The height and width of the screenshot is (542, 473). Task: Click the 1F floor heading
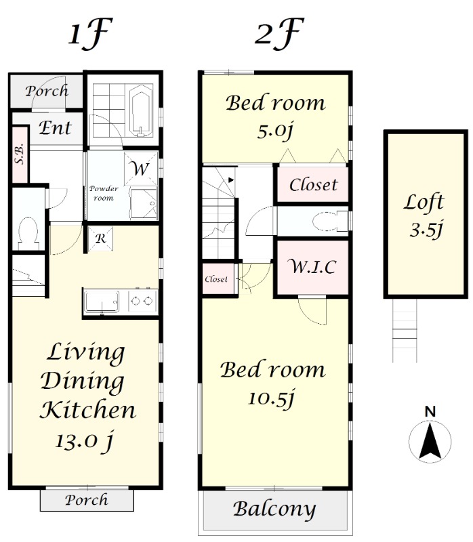pos(91,33)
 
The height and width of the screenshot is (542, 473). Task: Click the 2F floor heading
pos(279,33)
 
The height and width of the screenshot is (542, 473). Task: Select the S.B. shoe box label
pos(20,154)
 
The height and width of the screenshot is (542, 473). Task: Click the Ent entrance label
pos(56,128)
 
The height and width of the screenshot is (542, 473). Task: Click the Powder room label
pos(104,193)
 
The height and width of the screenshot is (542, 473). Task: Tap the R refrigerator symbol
pos(100,238)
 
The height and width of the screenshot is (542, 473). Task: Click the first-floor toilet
pos(28,233)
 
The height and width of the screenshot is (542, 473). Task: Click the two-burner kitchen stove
pos(142,301)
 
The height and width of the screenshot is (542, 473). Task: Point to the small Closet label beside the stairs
pos(216,279)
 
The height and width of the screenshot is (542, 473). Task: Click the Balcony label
pos(274,509)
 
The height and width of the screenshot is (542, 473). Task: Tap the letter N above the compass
pos(430,412)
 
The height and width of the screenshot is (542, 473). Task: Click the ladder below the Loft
pos(405,330)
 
